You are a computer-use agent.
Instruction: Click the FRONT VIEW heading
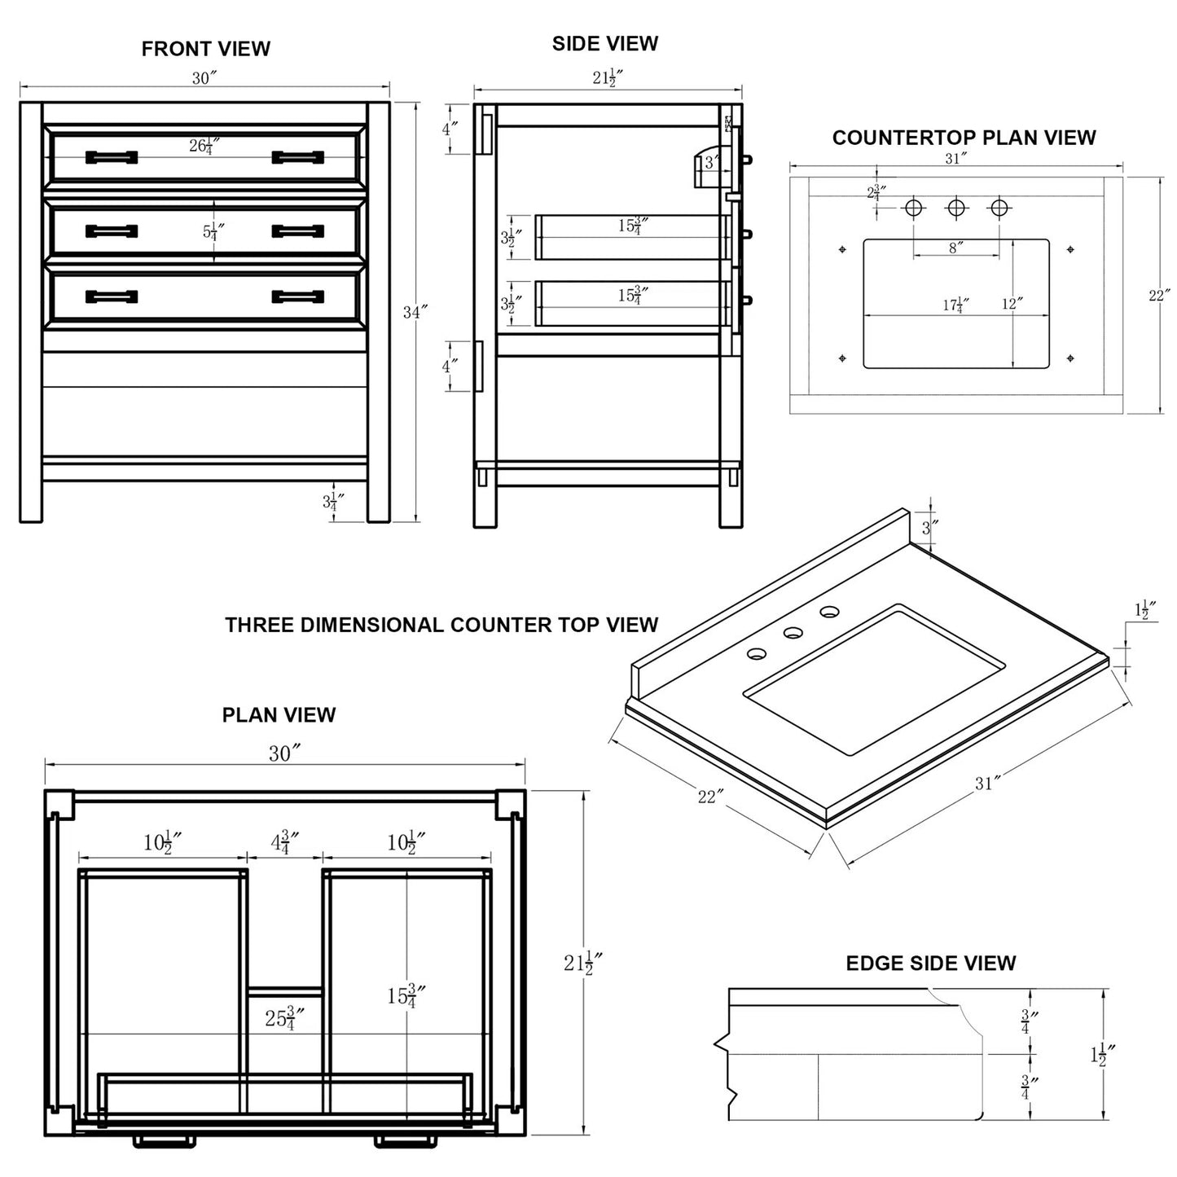coord(205,49)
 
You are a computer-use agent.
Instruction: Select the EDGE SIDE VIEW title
coord(930,963)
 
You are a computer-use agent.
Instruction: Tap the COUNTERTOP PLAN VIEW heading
coord(964,138)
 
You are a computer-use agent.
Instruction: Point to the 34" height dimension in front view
coord(415,312)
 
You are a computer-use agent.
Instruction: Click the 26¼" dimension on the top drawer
coord(204,147)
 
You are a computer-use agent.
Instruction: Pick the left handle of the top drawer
coord(112,157)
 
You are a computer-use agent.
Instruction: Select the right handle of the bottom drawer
coord(297,296)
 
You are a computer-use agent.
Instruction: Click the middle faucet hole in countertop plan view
coord(956,209)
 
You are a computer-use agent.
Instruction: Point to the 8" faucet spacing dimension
coord(955,248)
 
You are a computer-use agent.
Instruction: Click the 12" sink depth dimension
coord(1012,304)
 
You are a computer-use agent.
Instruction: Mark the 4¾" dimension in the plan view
coord(284,842)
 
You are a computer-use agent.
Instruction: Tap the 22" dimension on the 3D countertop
coord(710,796)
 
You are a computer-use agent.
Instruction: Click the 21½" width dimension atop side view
coord(608,78)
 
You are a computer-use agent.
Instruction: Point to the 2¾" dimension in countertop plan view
coord(876,194)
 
